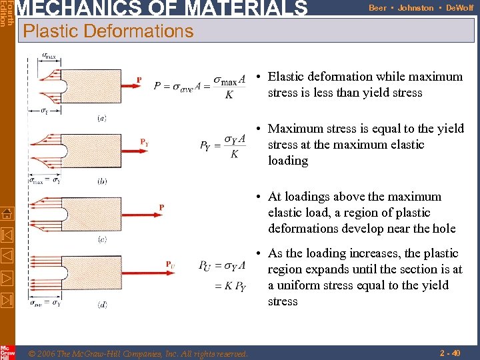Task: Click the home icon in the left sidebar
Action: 7,213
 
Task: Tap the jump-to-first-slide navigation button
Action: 7,235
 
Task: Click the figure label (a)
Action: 102,119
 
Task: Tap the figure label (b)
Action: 102,181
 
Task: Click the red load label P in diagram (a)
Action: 139,80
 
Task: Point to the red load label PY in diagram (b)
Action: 144,142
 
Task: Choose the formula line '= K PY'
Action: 230,287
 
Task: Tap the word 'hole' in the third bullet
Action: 443,229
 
